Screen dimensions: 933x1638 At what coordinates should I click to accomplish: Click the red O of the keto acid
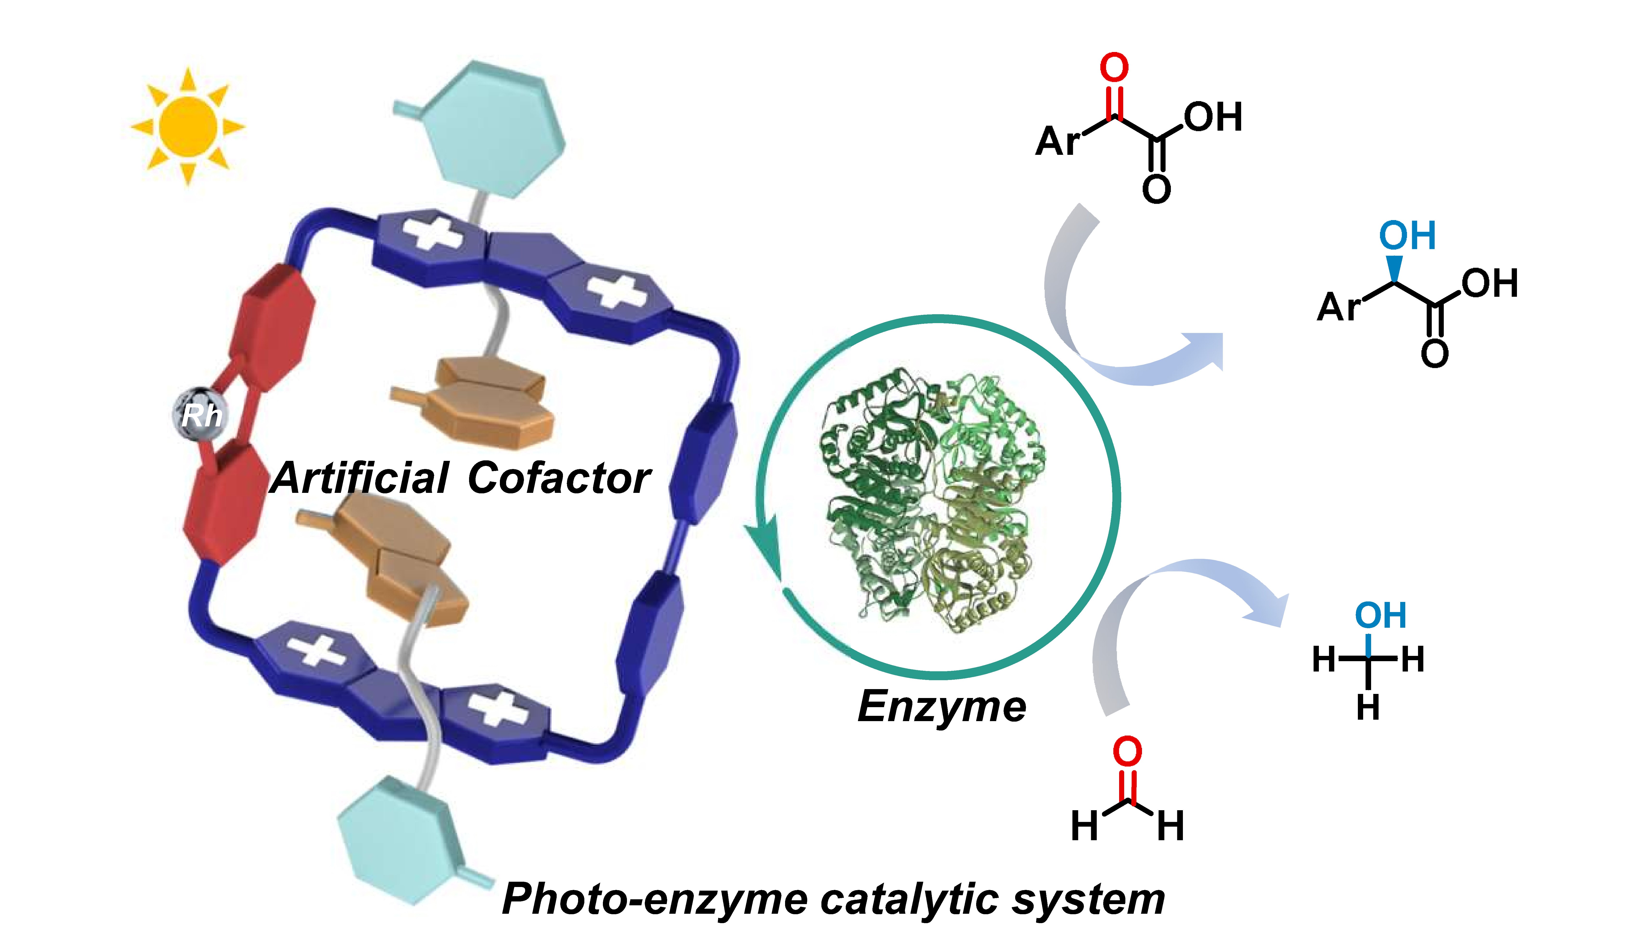(x=1114, y=67)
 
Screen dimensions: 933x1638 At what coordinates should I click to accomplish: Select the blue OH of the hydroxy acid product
(x=1407, y=236)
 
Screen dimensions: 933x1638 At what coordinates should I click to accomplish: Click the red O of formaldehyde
(x=1127, y=751)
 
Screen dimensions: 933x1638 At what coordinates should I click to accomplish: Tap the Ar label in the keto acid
(x=1058, y=141)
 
